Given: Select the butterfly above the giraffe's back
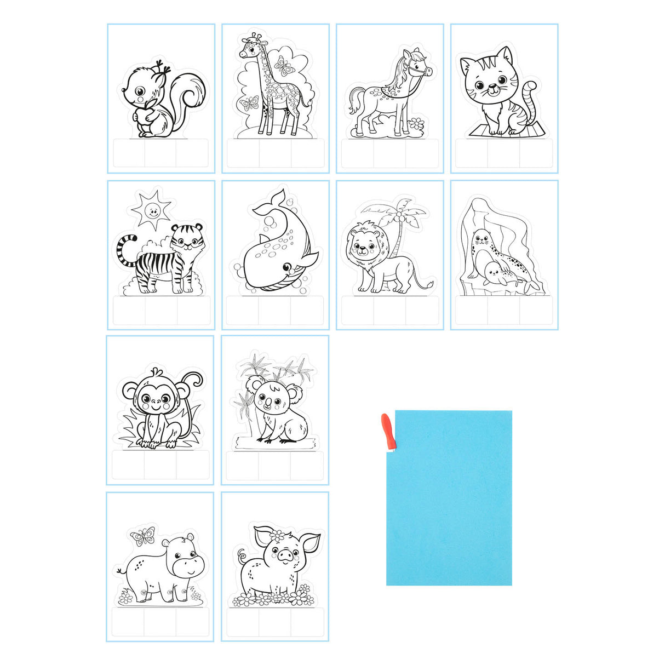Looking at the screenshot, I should (283, 67).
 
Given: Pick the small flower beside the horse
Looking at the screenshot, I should (417, 124).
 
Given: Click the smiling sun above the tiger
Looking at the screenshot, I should (152, 209).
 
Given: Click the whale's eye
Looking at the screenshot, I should (287, 267).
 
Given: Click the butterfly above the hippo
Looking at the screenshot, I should (143, 536).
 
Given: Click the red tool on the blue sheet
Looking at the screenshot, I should (388, 431).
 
